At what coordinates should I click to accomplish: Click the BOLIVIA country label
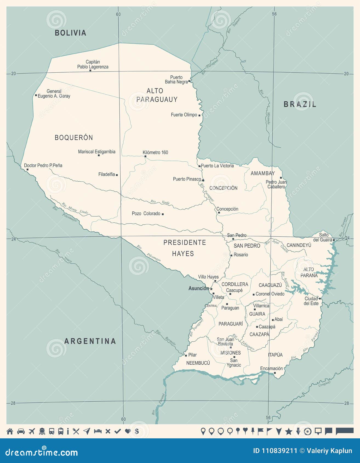(70, 33)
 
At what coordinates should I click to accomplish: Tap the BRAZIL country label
(300, 104)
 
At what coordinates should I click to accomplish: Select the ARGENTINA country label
(90, 341)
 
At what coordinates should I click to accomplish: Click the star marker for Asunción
(211, 289)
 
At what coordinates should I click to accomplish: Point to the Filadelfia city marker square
(117, 175)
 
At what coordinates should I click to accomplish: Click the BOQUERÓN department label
(74, 138)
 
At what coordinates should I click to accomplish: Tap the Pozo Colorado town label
(146, 213)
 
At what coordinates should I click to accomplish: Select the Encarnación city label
(271, 368)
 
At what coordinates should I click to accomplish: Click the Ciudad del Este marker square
(320, 299)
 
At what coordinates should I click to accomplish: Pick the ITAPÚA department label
(275, 355)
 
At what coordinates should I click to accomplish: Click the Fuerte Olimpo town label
(184, 115)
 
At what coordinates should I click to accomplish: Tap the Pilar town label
(192, 355)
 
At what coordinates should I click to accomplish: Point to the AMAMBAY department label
(262, 173)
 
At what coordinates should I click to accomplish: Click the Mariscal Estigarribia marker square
(99, 155)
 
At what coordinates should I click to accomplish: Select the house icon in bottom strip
(10, 431)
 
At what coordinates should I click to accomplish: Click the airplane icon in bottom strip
(32, 431)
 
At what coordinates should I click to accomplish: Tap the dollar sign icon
(137, 431)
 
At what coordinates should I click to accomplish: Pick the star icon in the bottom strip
(288, 432)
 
